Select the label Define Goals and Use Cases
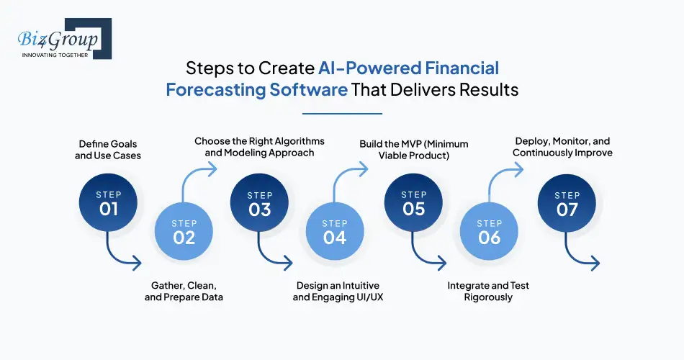[x=108, y=150]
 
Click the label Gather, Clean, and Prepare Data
[x=184, y=292]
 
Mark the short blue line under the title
[x=342, y=112]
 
